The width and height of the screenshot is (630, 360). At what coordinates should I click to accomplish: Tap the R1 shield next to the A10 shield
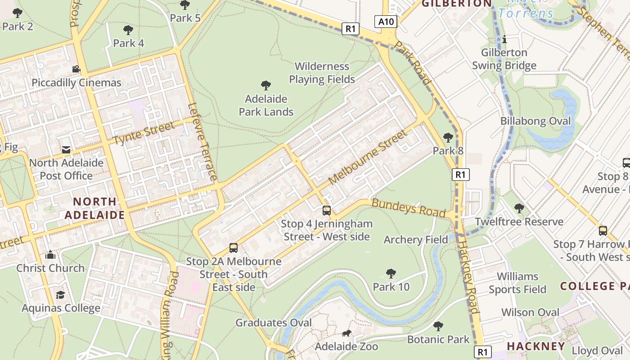coord(351,29)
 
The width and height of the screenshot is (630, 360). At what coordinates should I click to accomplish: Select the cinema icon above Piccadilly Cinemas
coord(76,69)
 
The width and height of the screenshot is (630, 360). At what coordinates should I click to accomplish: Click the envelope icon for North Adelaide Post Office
coord(66,150)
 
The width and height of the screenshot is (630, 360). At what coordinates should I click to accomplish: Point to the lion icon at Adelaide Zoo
coord(346,333)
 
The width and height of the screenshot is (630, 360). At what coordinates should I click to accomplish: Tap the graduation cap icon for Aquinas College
coord(60,295)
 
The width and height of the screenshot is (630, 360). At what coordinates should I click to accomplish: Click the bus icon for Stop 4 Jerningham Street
coord(327,210)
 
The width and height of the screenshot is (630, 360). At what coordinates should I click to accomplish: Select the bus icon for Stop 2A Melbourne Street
coord(234,247)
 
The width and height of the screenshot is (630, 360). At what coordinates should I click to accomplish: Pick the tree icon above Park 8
coord(448,138)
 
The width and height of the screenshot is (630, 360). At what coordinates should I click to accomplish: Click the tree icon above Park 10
coord(391,273)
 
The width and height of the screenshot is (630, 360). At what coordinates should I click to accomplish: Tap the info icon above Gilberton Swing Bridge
coord(504,40)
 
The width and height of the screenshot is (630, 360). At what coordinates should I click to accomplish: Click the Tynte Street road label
coord(144,133)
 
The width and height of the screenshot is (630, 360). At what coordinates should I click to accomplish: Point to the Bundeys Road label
coord(408,208)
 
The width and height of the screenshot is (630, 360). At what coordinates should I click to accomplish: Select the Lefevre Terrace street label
coord(203,142)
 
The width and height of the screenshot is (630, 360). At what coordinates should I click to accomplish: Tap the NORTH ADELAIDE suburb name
coord(94,208)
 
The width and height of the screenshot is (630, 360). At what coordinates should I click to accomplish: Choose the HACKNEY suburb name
coord(535,346)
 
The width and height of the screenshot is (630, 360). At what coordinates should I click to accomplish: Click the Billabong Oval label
coord(535,121)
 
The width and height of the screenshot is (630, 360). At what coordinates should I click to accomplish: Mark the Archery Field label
coord(415,240)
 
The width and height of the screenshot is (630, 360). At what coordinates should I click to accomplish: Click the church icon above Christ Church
coord(50,255)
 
